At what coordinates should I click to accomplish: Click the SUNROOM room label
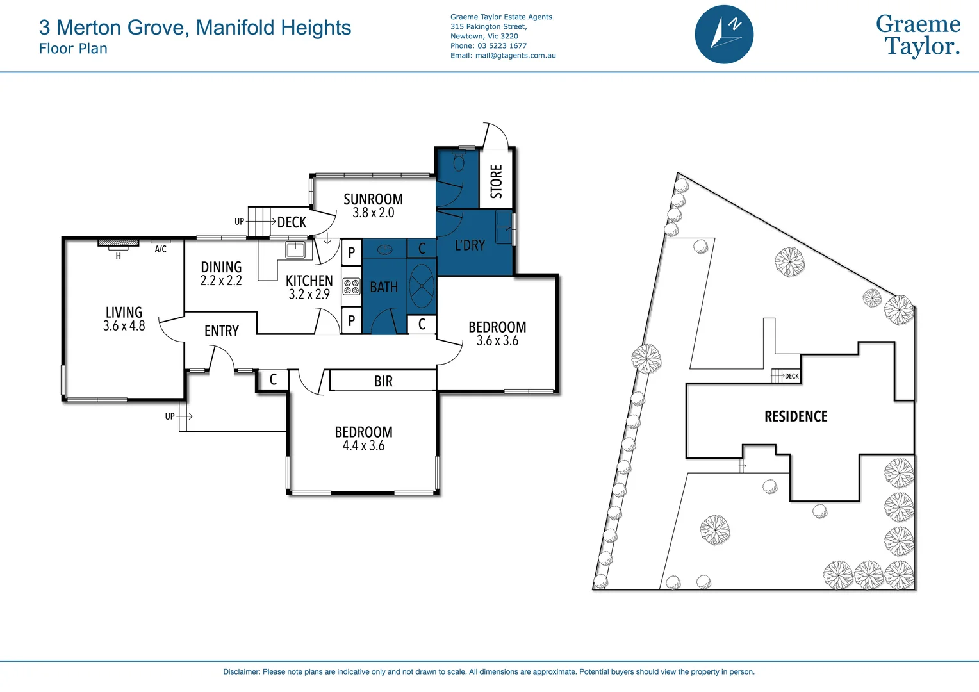click(373, 199)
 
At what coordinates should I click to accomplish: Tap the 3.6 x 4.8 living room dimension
click(124, 326)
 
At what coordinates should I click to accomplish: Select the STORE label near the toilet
click(497, 181)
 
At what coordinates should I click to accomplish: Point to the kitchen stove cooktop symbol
click(351, 286)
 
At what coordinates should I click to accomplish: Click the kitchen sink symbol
click(295, 249)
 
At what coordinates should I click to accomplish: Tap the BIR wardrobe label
click(383, 381)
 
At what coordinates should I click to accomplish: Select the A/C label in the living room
click(160, 249)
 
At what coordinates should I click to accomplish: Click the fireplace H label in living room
click(118, 256)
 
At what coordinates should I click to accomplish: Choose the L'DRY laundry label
click(470, 245)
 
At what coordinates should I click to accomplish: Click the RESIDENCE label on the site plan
click(796, 416)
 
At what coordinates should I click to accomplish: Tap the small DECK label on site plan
click(792, 376)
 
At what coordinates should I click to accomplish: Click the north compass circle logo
click(724, 35)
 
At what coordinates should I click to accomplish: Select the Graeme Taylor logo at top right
click(917, 35)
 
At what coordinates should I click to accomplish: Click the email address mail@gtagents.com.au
click(515, 56)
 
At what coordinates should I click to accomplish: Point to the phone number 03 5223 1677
click(502, 46)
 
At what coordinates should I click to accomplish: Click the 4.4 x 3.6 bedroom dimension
click(363, 446)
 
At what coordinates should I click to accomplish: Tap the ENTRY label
click(221, 331)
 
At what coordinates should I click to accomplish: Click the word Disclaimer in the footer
click(241, 672)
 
